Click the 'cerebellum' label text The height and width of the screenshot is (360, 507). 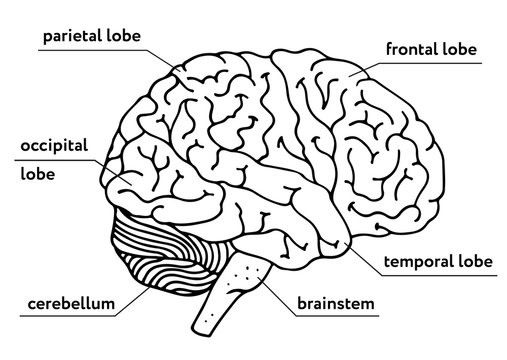[68, 302]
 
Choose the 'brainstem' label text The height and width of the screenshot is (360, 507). [336, 302]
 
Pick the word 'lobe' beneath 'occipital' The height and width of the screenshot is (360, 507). [37, 172]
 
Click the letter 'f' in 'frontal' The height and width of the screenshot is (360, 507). [388, 46]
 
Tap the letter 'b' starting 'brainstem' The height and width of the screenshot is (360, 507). [301, 301]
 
